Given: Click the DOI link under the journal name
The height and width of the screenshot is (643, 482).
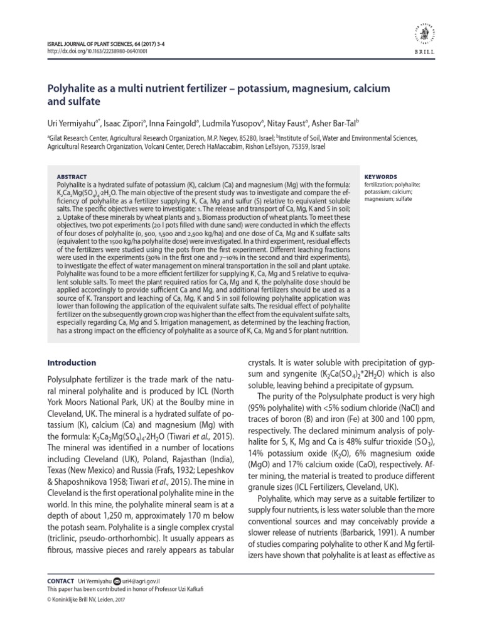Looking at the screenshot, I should (97, 51).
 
